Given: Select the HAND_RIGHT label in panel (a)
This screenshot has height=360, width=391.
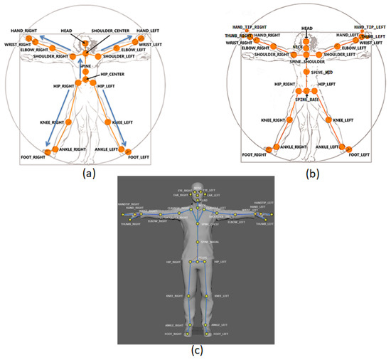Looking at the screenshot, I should point(24,32).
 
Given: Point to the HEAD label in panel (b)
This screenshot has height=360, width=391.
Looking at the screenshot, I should point(306,28).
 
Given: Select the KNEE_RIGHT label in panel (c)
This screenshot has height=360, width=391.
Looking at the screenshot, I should point(175,295).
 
